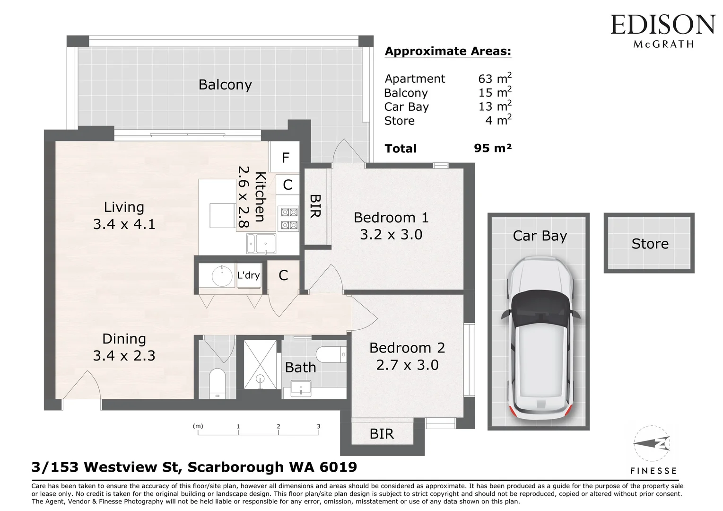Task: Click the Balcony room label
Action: pos(225,85)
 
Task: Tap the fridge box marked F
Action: pos(284,157)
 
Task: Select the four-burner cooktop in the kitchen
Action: pos(289,219)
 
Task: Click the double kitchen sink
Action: pos(261,244)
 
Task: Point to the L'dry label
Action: pos(248,275)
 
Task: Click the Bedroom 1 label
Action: pos(391,217)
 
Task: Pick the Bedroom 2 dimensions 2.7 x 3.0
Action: pos(407,365)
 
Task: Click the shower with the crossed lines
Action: pos(260,364)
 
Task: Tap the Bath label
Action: pos(300,368)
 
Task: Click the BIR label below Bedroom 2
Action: pos(382,434)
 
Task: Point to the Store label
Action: pos(650,244)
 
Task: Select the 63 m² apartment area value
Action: pos(495,78)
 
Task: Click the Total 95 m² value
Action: pos(493,148)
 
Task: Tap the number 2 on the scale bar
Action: pos(278,426)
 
